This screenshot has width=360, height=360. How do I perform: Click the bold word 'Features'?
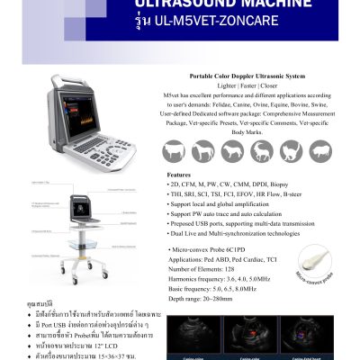(179, 175)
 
